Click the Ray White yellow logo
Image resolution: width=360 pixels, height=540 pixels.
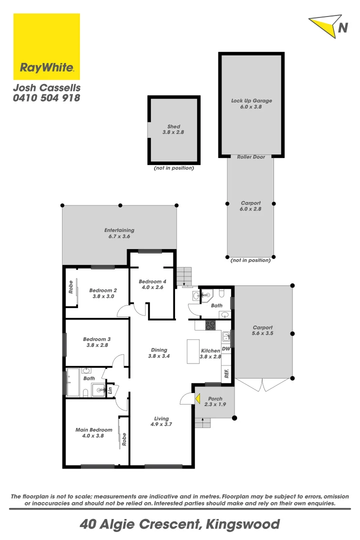pyautogui.click(x=46, y=46)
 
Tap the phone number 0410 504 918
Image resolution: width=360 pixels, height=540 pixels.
pyautogui.click(x=46, y=98)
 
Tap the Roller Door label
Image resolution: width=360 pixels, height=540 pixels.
pyautogui.click(x=251, y=157)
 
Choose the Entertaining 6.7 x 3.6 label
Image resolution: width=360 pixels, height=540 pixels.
pyautogui.click(x=119, y=233)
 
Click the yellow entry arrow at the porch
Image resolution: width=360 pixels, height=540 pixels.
pyautogui.click(x=198, y=399)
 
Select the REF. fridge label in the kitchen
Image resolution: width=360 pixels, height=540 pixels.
pyautogui.click(x=226, y=373)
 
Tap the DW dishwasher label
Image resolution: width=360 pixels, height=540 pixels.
pyautogui.click(x=225, y=348)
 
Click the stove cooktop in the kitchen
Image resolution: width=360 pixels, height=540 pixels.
pyautogui.click(x=210, y=324)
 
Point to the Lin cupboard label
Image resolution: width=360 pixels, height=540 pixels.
pyautogui.click(x=110, y=390)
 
